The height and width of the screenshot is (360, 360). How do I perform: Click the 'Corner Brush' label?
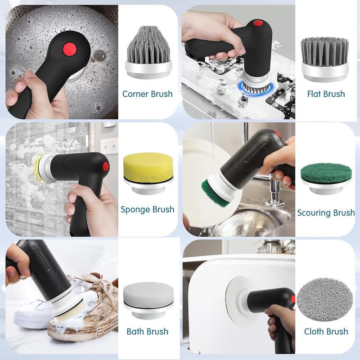tap(148, 94)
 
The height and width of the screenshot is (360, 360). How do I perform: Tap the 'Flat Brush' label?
tap(326, 94)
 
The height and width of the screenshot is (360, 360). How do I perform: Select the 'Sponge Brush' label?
tap(148, 210)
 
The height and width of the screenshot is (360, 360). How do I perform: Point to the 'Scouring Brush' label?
tap(326, 213)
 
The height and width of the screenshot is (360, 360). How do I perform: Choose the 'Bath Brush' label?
tap(148, 332)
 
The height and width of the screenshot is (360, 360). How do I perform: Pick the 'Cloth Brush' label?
tap(326, 332)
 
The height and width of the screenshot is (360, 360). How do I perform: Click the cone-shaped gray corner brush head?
tap(148, 52)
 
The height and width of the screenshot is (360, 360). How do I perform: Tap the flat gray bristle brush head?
tap(325, 60)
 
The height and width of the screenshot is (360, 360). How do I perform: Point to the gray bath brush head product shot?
tap(148, 300)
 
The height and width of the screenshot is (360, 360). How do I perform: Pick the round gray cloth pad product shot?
tap(324, 299)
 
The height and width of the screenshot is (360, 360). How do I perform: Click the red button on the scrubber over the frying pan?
tap(69, 49)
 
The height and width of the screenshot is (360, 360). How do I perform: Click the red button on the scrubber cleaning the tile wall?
tap(106, 166)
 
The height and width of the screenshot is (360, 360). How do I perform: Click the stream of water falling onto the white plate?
tap(212, 143)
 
